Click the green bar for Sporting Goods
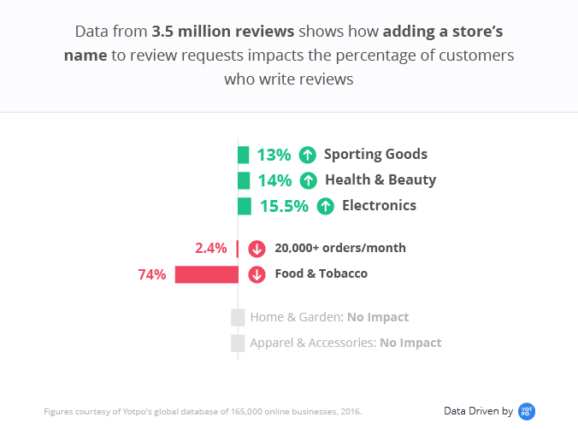coord(243,155)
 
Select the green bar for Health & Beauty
coord(244,180)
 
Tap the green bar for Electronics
coord(245,206)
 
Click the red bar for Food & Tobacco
coord(206,274)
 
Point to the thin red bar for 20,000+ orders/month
coord(237,249)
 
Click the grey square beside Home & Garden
coord(238,317)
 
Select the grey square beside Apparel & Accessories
coord(238,343)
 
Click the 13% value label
coord(274,155)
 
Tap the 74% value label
coord(151,274)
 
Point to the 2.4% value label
coord(211,249)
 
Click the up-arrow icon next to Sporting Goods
coord(308,155)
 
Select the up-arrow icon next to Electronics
coord(325,206)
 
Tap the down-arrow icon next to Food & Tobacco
coord(257,274)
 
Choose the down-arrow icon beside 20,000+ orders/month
coord(257,249)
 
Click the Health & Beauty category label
coord(380,180)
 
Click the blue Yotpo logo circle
coord(527,411)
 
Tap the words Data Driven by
coord(478,411)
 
